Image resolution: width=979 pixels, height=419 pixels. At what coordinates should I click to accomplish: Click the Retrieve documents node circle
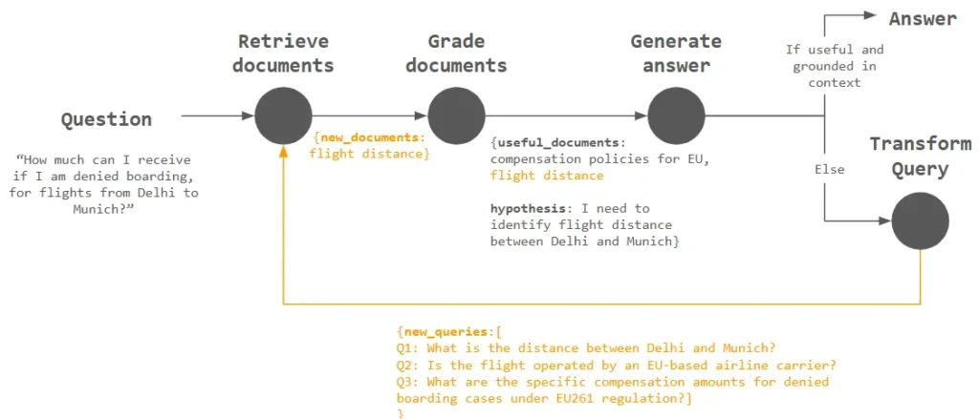283,115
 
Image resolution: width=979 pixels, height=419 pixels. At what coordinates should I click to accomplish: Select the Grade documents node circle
456,115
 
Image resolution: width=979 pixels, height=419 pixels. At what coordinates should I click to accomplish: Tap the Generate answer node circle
676,115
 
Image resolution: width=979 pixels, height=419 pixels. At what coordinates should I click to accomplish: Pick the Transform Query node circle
920,220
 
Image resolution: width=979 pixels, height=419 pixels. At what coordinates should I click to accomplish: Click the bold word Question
106,119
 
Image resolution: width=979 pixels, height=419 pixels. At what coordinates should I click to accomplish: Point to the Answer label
922,17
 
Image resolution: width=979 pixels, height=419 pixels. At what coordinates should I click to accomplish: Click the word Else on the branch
828,169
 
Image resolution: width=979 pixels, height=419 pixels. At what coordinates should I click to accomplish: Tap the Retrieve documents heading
283,53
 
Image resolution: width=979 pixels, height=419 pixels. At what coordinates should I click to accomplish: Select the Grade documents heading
456,53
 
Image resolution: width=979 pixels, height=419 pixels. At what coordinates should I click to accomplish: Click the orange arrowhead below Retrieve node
283,151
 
